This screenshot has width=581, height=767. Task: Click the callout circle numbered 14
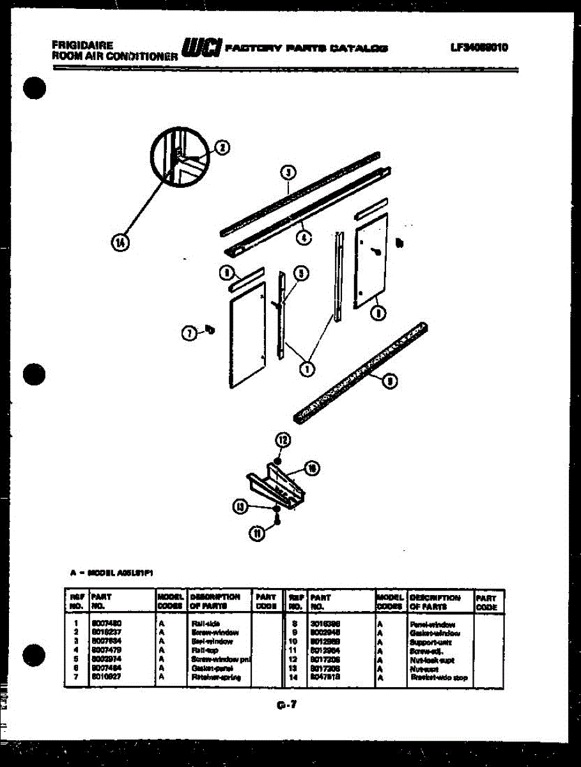(119, 242)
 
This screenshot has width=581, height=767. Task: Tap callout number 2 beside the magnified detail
(221, 148)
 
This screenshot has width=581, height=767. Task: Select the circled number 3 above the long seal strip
(288, 172)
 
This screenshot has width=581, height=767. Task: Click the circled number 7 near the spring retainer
(189, 332)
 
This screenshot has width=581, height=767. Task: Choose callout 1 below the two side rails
(307, 368)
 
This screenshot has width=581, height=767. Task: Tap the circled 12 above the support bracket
(283, 439)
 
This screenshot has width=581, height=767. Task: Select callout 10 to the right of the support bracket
(313, 469)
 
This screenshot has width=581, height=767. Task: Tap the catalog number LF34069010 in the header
(479, 47)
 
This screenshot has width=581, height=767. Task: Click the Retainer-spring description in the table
(211, 677)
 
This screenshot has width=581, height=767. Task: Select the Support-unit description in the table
(431, 641)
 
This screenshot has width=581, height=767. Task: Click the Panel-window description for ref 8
(433, 623)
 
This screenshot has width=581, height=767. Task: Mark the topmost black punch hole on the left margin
(35, 88)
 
